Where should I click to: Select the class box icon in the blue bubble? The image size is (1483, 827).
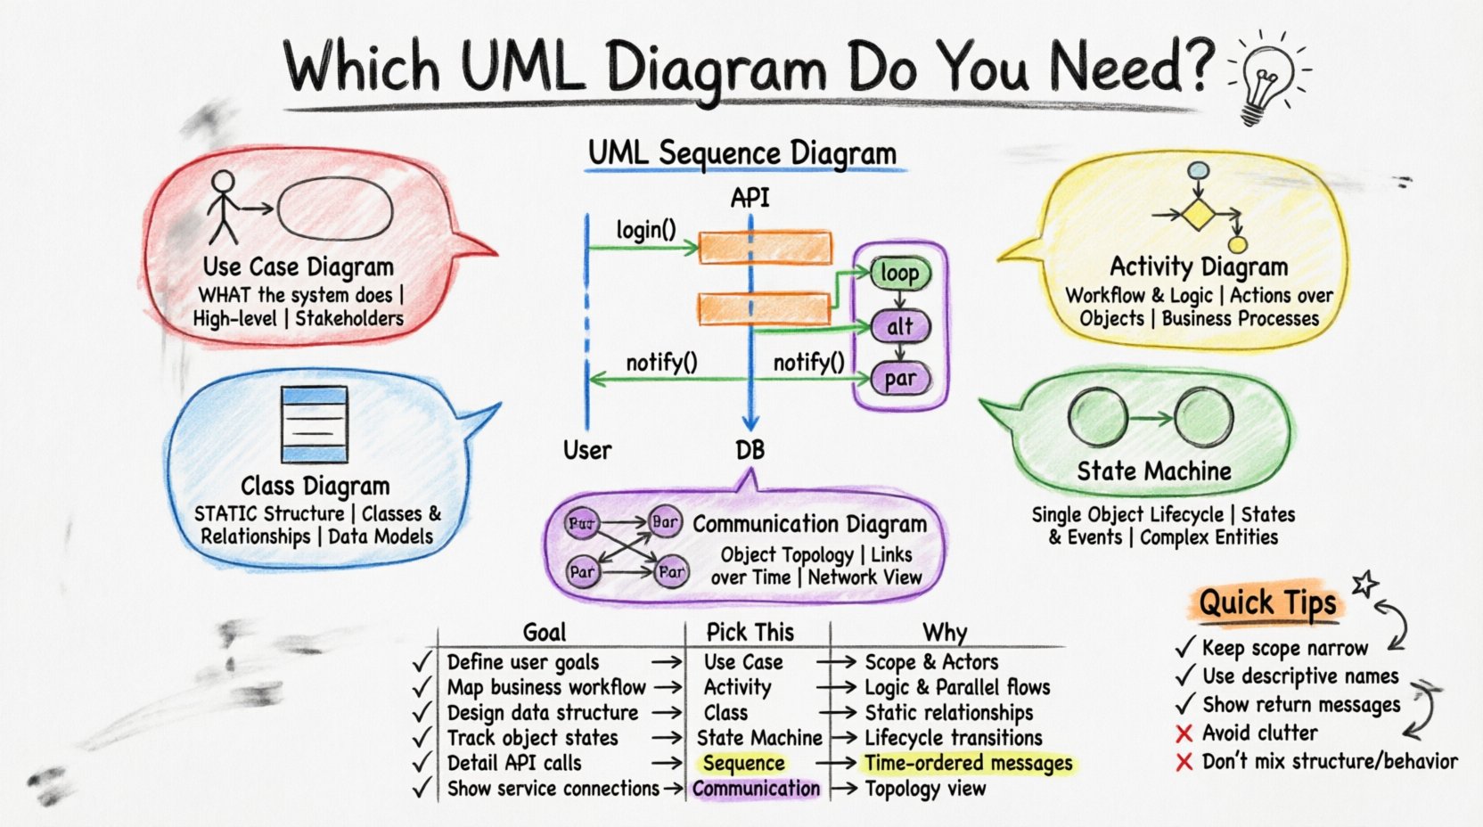point(314,424)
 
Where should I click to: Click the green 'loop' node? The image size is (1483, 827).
point(899,273)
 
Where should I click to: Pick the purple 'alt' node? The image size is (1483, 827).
point(899,326)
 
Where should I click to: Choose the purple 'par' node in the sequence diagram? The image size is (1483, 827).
point(899,379)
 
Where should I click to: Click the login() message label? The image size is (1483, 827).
point(646,230)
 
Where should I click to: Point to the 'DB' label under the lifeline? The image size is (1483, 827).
point(750,451)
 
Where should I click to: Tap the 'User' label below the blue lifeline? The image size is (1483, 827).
point(587,451)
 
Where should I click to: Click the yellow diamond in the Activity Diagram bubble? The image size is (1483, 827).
point(1199,214)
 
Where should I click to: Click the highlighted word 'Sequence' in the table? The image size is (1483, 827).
point(743,764)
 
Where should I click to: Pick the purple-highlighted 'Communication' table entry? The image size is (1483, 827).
point(756,789)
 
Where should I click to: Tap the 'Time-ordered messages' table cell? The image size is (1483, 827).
point(969,764)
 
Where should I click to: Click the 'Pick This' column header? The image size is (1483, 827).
point(750,633)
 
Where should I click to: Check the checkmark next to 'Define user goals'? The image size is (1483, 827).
point(422,662)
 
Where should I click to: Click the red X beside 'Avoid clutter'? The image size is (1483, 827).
point(1184,734)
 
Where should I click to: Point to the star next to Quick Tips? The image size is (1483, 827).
point(1364,585)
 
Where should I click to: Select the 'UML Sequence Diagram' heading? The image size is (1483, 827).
point(741,153)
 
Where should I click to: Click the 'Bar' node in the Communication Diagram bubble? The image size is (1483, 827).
point(665,522)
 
